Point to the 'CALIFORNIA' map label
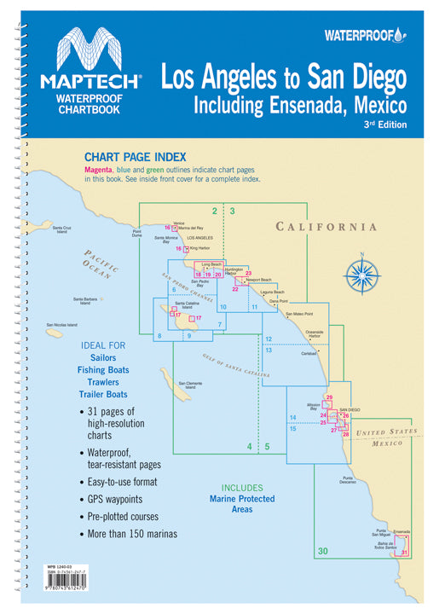326,227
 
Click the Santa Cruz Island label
61,230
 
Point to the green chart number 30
321,552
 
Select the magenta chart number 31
404,553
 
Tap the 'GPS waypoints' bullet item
118,495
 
